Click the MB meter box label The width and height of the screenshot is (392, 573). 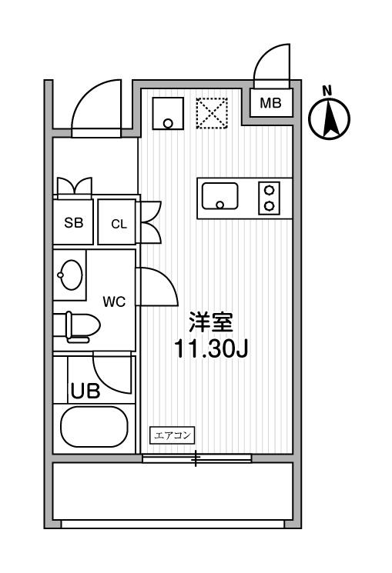click(x=270, y=103)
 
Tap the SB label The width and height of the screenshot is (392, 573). click(x=74, y=222)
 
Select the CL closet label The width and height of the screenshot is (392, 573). click(x=119, y=224)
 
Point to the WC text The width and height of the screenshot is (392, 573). click(x=114, y=301)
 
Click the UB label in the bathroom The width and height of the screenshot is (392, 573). click(x=85, y=391)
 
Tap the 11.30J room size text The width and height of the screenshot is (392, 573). click(x=211, y=349)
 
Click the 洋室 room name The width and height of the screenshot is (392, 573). click(x=211, y=321)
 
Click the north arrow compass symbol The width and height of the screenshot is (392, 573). click(x=329, y=118)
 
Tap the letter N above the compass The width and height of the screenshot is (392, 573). click(x=327, y=91)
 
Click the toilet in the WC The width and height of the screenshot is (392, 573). click(x=82, y=327)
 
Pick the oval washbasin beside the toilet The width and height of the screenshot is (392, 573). click(x=70, y=275)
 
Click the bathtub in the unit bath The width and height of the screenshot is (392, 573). click(x=95, y=426)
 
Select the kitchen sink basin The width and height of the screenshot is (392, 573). click(x=220, y=196)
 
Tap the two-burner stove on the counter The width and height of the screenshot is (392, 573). click(x=270, y=198)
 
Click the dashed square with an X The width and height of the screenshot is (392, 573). click(x=212, y=113)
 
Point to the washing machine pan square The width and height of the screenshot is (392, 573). click(x=168, y=113)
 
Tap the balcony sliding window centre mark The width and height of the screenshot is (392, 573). click(x=196, y=458)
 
